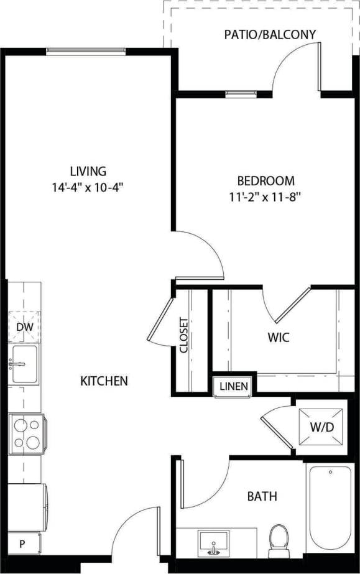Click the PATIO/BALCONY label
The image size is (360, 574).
tap(270, 34)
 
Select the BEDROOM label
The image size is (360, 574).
tap(265, 181)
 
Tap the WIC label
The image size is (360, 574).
tap(279, 338)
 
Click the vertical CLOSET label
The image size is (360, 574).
tap(184, 336)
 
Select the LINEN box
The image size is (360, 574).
tap(234, 386)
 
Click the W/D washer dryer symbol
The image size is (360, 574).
tap(321, 427)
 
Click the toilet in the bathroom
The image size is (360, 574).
tap(278, 540)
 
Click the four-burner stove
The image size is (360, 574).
tap(25, 434)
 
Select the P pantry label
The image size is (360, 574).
tap(22, 544)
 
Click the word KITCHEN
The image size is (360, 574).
tap(104, 381)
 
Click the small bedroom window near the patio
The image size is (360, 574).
tap(236, 94)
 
